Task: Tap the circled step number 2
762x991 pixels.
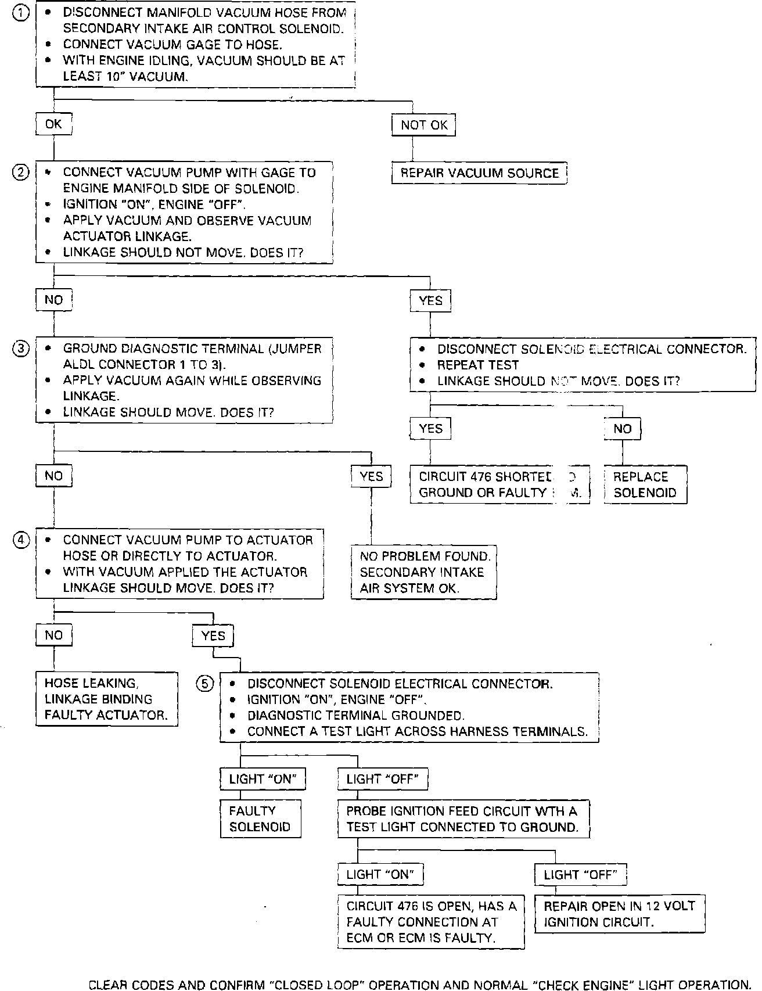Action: (20, 173)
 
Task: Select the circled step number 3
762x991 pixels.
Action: (20, 349)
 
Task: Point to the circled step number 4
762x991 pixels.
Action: (20, 540)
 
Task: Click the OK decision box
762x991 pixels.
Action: (53, 124)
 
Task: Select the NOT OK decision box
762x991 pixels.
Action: (424, 125)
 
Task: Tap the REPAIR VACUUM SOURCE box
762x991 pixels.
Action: (479, 173)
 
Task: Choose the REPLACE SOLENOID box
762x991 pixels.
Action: (645, 484)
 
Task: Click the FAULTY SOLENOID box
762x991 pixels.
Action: (260, 818)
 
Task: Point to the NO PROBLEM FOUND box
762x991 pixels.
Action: (424, 572)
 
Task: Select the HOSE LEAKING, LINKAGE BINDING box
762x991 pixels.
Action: (106, 699)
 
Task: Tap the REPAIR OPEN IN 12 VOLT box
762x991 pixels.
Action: (619, 914)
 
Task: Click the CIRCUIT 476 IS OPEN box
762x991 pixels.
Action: (431, 922)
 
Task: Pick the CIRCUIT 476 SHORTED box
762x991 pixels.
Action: (499, 484)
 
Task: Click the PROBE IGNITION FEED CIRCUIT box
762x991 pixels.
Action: (463, 818)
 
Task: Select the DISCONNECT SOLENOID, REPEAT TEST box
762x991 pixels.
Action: (583, 365)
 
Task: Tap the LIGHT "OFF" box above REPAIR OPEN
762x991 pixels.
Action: (580, 874)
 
